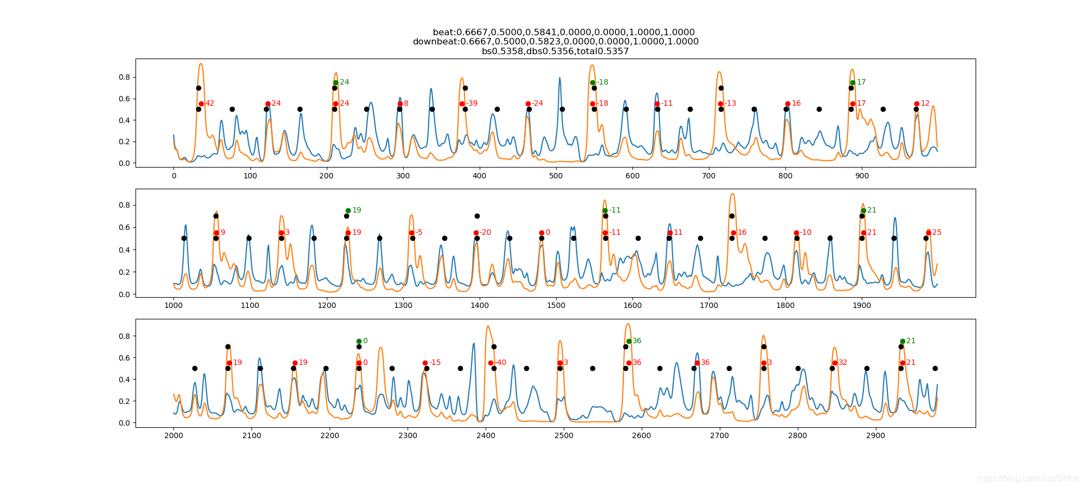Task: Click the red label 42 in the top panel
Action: (x=210, y=104)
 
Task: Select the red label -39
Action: (x=472, y=104)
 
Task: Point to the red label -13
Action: (x=731, y=104)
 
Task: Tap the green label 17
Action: (x=861, y=82)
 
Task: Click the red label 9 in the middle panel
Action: (x=223, y=233)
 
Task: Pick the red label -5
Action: (x=418, y=233)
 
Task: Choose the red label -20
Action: (x=485, y=233)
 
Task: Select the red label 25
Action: (x=937, y=233)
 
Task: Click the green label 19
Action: (x=357, y=210)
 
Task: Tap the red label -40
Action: (x=500, y=363)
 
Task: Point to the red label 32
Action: (x=843, y=363)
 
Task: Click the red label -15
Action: (x=435, y=363)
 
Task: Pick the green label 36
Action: (x=637, y=341)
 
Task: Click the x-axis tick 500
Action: (x=556, y=176)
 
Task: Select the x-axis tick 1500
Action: (x=556, y=305)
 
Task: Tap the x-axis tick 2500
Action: (x=564, y=435)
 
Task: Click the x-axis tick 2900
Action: (x=876, y=435)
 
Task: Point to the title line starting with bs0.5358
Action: (x=555, y=52)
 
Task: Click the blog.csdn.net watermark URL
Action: (x=1028, y=478)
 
